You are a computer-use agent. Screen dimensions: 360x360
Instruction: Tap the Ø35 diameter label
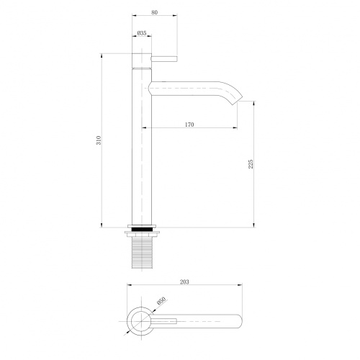pos(142,33)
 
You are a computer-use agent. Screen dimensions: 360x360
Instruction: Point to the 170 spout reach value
pos(189,125)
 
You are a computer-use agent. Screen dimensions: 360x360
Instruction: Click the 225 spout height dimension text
pos(250,165)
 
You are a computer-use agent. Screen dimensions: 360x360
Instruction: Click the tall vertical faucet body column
pos(143,144)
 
